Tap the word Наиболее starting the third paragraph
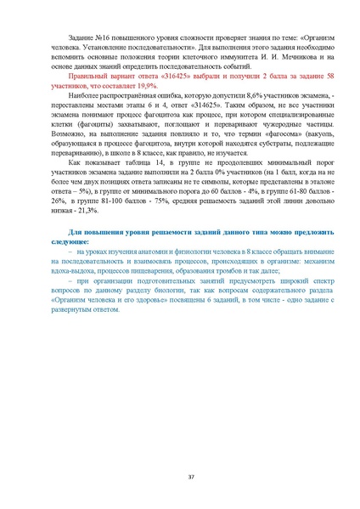(x=88, y=124)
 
